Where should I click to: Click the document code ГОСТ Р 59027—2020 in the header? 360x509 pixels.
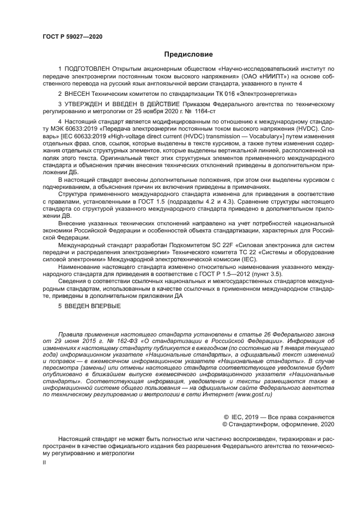72,36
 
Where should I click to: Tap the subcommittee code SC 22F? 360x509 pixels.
231,246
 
